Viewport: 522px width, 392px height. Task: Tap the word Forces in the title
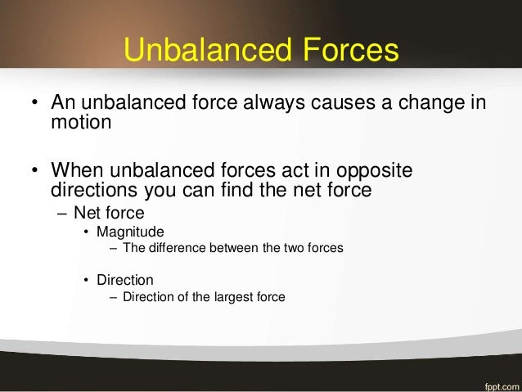click(349, 50)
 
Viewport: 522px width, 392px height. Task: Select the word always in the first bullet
click(286, 105)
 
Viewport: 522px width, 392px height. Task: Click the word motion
click(81, 124)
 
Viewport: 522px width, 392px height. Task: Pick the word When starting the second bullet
click(79, 172)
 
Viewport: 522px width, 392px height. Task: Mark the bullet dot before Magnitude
click(88, 232)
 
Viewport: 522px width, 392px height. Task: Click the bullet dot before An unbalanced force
click(34, 106)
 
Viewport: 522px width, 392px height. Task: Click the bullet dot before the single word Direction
click(88, 281)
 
